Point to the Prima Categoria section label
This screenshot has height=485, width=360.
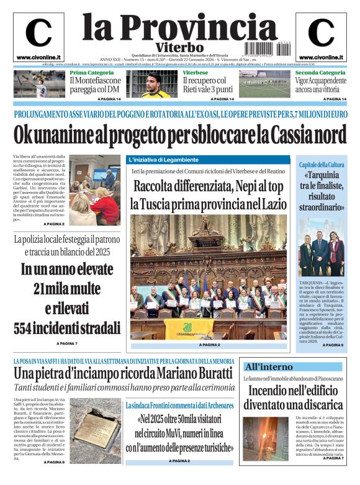88,73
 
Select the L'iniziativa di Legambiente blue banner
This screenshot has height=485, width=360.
164,160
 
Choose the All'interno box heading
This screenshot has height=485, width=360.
268,366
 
